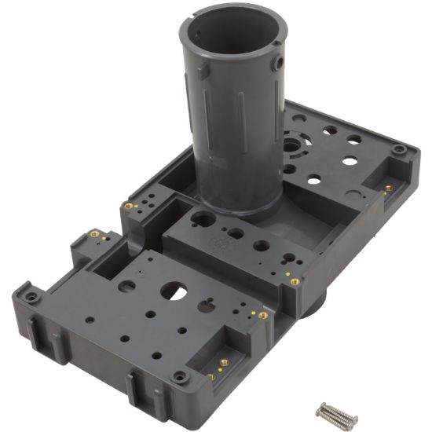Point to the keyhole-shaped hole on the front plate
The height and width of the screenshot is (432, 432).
click(x=206, y=306)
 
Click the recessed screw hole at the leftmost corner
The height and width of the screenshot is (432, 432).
click(x=29, y=297)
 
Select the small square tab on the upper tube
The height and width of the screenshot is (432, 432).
click(x=203, y=70)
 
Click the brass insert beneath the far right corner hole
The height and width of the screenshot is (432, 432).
click(x=388, y=189)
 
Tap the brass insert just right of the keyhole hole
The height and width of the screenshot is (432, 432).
click(x=262, y=315)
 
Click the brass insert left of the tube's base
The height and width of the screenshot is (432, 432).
click(x=128, y=206)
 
